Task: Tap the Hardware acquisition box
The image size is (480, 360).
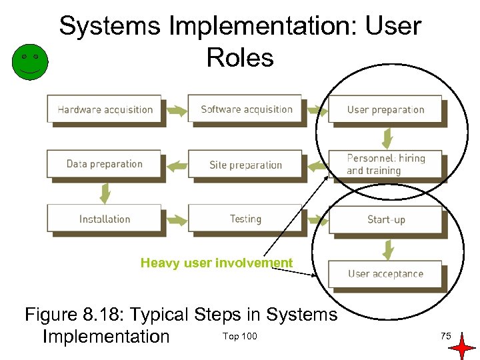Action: (105, 110)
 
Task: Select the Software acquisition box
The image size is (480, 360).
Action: (246, 110)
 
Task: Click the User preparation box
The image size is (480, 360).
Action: (385, 110)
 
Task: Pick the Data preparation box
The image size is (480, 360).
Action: (105, 164)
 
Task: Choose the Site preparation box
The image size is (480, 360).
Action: (246, 165)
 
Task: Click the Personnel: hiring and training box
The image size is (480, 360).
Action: (385, 164)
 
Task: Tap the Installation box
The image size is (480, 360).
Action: (105, 219)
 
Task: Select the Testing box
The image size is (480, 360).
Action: (246, 219)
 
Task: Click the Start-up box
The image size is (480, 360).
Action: (385, 219)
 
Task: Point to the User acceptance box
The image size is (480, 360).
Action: (385, 274)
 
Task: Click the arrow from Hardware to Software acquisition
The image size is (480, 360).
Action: (175, 111)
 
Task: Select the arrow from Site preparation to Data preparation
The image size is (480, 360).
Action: (175, 165)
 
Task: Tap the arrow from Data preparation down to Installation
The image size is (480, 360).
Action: (105, 193)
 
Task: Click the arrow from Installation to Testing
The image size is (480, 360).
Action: (175, 220)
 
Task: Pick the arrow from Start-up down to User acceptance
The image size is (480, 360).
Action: (386, 248)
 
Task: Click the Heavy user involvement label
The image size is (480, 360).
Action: (217, 263)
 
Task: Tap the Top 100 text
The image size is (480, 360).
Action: (239, 336)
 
